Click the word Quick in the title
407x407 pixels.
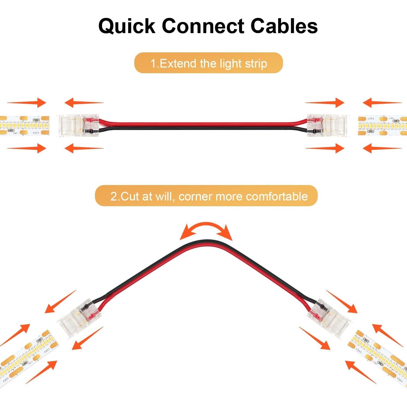coord(127,26)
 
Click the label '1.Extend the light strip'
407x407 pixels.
coord(208,63)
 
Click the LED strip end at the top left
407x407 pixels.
coord(24,126)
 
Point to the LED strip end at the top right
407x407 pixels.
coord(383,126)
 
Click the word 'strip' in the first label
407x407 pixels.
coord(256,63)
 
